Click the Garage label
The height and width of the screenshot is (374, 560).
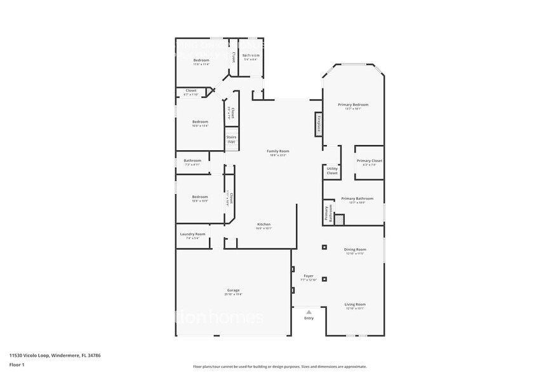click(232, 291)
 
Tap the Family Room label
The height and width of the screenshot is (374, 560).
click(277, 151)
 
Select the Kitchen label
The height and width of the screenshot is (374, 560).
click(263, 225)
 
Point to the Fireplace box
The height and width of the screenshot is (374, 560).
click(318, 124)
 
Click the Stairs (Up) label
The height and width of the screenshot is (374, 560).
click(231, 139)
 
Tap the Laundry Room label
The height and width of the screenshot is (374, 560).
click(192, 234)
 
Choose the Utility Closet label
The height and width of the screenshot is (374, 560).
click(332, 170)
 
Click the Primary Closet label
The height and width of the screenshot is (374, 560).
click(369, 161)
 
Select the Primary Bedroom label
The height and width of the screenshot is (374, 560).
click(353, 105)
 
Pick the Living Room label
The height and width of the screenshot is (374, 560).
click(355, 304)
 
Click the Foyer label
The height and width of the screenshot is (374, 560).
click(309, 276)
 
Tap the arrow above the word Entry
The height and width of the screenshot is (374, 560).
click(309, 312)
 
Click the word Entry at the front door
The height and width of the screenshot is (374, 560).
click(309, 318)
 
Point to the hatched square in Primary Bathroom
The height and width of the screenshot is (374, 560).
click(339, 219)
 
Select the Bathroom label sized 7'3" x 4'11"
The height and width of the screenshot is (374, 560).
click(192, 161)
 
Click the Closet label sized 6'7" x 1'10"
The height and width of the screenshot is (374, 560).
click(191, 91)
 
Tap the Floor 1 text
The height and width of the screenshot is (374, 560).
click(17, 364)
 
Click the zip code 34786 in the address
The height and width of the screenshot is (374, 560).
click(94, 356)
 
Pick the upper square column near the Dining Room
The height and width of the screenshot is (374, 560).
click(324, 247)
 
